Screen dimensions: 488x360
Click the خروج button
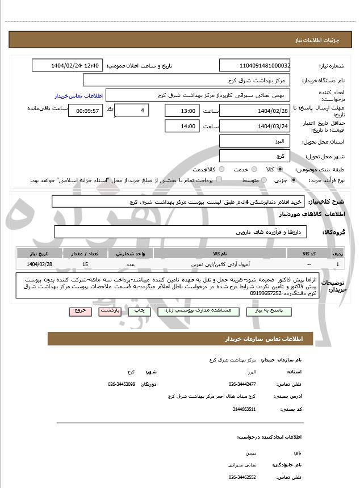click(x=79, y=311)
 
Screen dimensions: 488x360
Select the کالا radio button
click(x=280, y=169)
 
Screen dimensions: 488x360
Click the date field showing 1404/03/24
click(x=255, y=126)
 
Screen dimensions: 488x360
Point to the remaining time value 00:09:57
click(x=85, y=111)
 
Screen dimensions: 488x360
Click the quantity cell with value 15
click(x=85, y=264)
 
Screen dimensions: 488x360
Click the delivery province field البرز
click(x=255, y=141)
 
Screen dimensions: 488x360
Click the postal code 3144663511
click(x=244, y=409)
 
